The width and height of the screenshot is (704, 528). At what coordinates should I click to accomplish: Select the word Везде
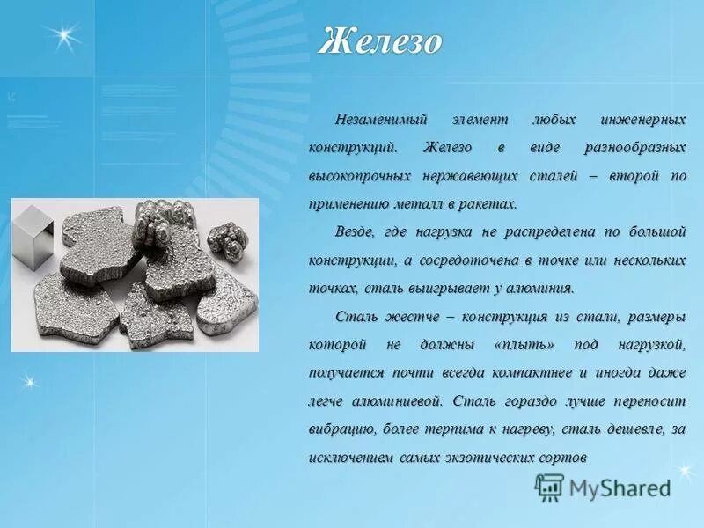[x=354, y=233]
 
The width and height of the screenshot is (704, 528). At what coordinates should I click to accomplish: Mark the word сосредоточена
[x=462, y=261]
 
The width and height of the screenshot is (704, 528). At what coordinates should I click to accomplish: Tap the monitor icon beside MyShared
[x=549, y=487]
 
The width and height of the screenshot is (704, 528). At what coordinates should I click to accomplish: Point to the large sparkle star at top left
[x=63, y=37]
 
